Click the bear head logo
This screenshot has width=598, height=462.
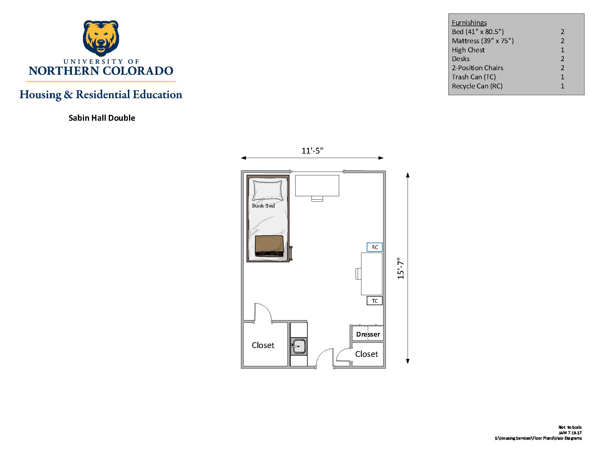[101, 38]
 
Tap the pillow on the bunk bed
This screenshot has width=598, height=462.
[268, 190]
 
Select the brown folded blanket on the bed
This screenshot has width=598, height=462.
[269, 246]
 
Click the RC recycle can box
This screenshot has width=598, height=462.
[375, 247]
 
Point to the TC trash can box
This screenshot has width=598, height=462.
[375, 301]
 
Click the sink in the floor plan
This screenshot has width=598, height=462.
[299, 346]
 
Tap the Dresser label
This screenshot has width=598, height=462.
[368, 334]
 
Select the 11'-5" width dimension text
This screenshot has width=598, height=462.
[312, 151]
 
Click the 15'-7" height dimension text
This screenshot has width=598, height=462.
[401, 268]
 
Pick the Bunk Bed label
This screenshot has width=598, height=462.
[263, 206]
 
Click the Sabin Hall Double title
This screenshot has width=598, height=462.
[102, 118]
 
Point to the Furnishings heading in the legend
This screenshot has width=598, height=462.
[469, 23]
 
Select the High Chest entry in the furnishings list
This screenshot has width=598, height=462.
[468, 50]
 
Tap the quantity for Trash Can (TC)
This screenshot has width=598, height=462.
[562, 77]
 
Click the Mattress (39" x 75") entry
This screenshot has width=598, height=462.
[483, 41]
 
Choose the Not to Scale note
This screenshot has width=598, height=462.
[570, 427]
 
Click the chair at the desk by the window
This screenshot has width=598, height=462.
[317, 199]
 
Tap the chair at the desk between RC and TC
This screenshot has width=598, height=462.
[359, 274]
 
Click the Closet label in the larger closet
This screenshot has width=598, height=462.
[263, 345]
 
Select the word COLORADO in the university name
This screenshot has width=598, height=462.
[138, 71]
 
